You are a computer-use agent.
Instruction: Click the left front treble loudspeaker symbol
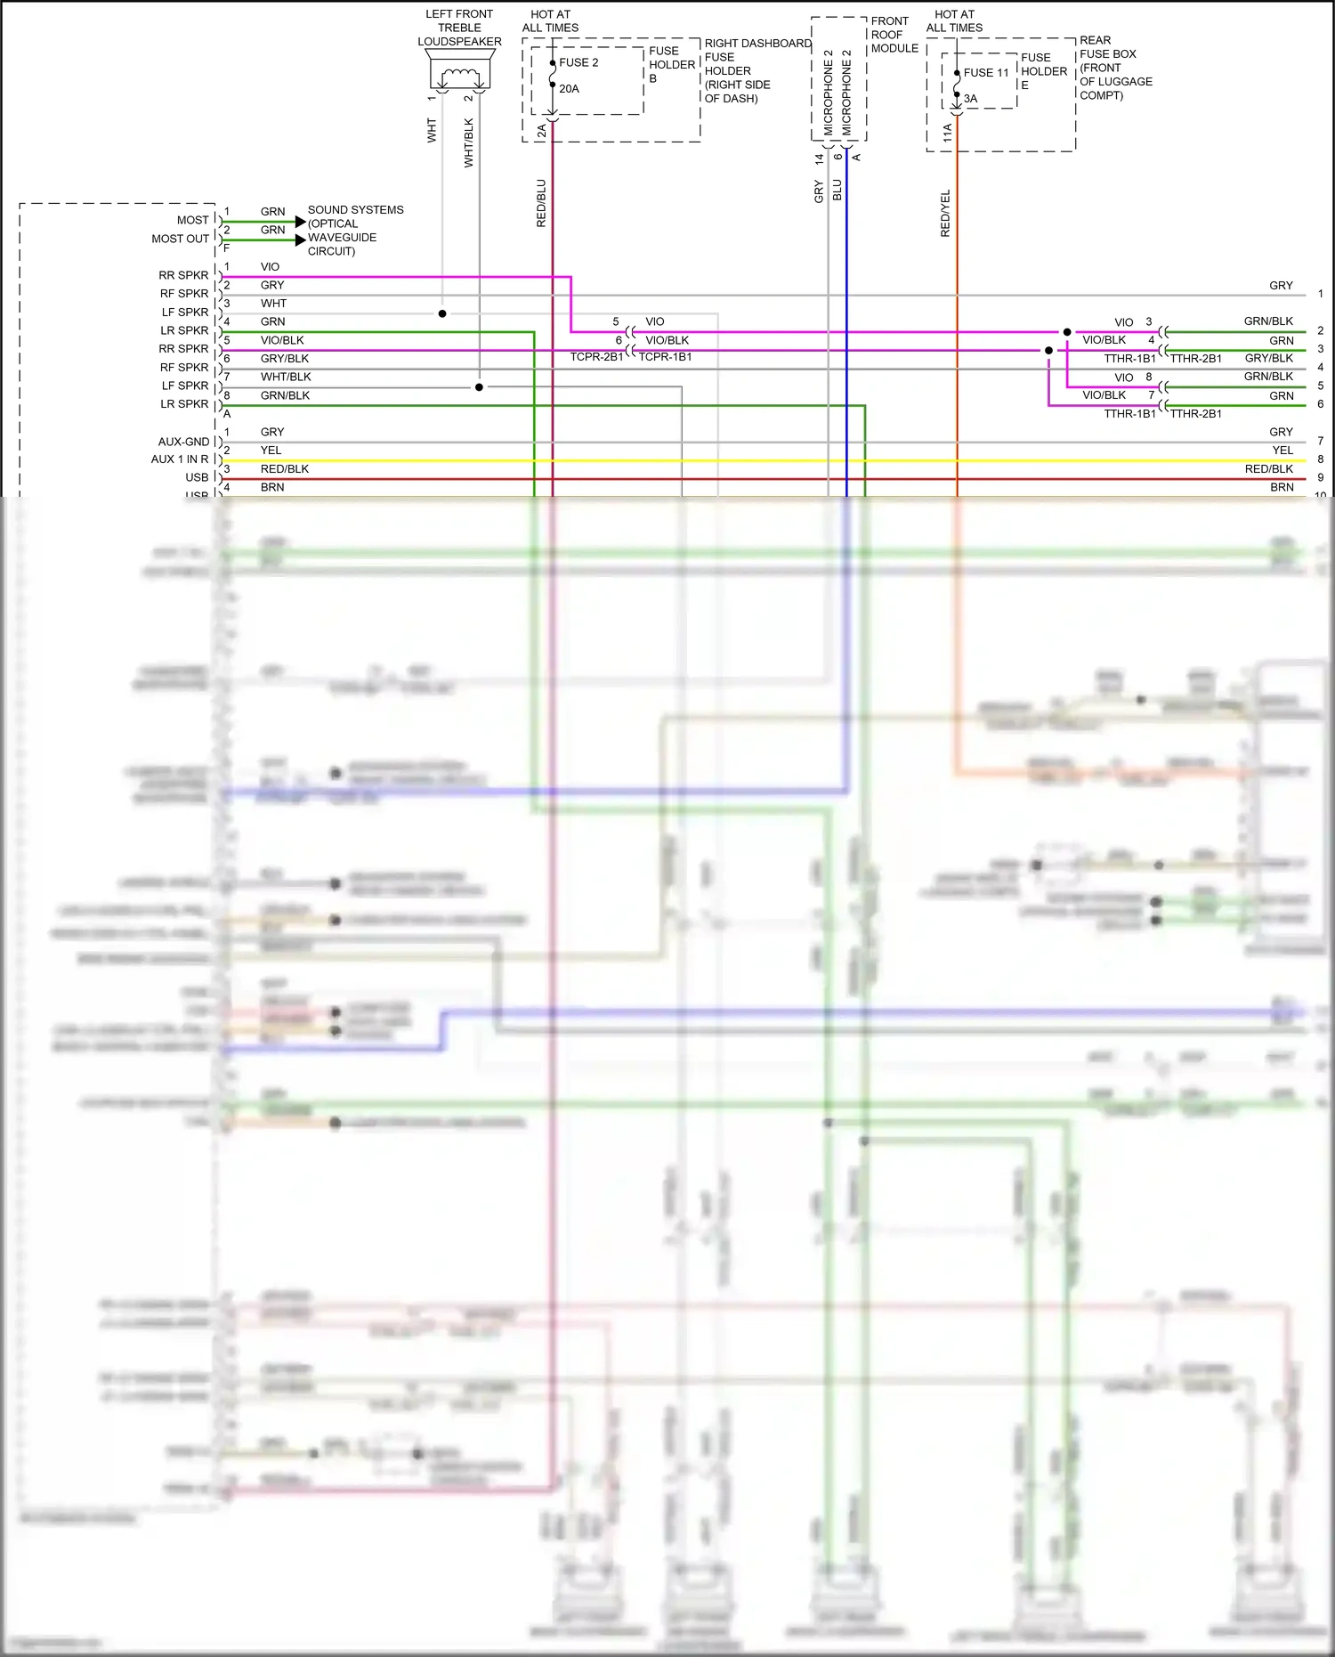tap(460, 70)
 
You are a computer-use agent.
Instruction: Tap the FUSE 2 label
tap(578, 62)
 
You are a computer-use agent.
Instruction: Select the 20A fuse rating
tap(569, 89)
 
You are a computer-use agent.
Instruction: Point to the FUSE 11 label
tap(986, 73)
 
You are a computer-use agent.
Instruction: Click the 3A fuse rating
tap(970, 99)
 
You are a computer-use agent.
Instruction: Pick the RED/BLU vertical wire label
tap(541, 204)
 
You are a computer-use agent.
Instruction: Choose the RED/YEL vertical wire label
tap(945, 214)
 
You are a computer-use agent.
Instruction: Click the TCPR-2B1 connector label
tap(596, 357)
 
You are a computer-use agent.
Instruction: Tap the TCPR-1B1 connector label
tap(665, 357)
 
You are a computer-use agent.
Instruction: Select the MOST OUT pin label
tap(180, 239)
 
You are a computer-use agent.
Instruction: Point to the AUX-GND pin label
tap(183, 442)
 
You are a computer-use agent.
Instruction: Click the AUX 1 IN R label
tap(180, 459)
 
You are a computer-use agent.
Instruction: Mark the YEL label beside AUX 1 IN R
tap(271, 451)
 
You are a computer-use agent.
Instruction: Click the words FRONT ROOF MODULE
tap(894, 35)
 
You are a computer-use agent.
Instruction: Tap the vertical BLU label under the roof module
tap(837, 190)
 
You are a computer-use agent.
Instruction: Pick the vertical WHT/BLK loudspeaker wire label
tap(469, 142)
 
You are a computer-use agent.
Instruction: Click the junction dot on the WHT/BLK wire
tap(479, 387)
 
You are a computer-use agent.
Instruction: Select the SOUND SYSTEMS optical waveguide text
tap(354, 231)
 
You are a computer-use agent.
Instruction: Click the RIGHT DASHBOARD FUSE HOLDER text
tap(756, 70)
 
